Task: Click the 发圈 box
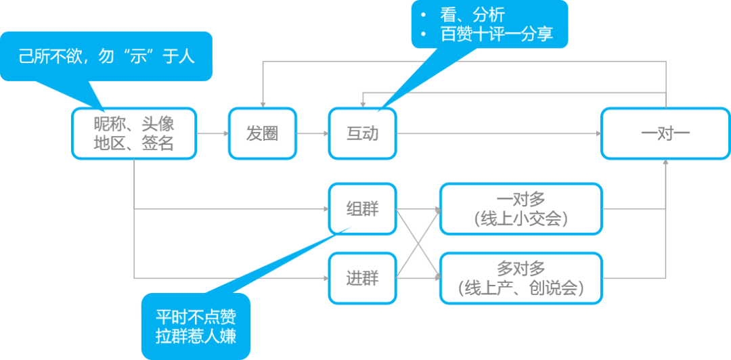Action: pos(263,133)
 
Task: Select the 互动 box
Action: pos(363,133)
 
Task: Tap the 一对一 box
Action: pos(665,133)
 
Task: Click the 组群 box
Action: pos(363,209)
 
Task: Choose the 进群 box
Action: pos(363,277)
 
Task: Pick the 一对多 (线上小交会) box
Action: pos(520,209)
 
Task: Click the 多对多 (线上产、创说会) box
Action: pos(520,277)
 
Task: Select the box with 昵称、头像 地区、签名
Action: pos(134,133)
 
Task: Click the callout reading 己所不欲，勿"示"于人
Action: pos(106,56)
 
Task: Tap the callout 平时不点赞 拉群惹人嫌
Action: pos(196,325)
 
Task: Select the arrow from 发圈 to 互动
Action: pos(313,133)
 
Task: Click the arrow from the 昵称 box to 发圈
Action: pos(213,133)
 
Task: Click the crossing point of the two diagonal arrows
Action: pos(418,244)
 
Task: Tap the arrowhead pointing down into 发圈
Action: pos(263,103)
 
